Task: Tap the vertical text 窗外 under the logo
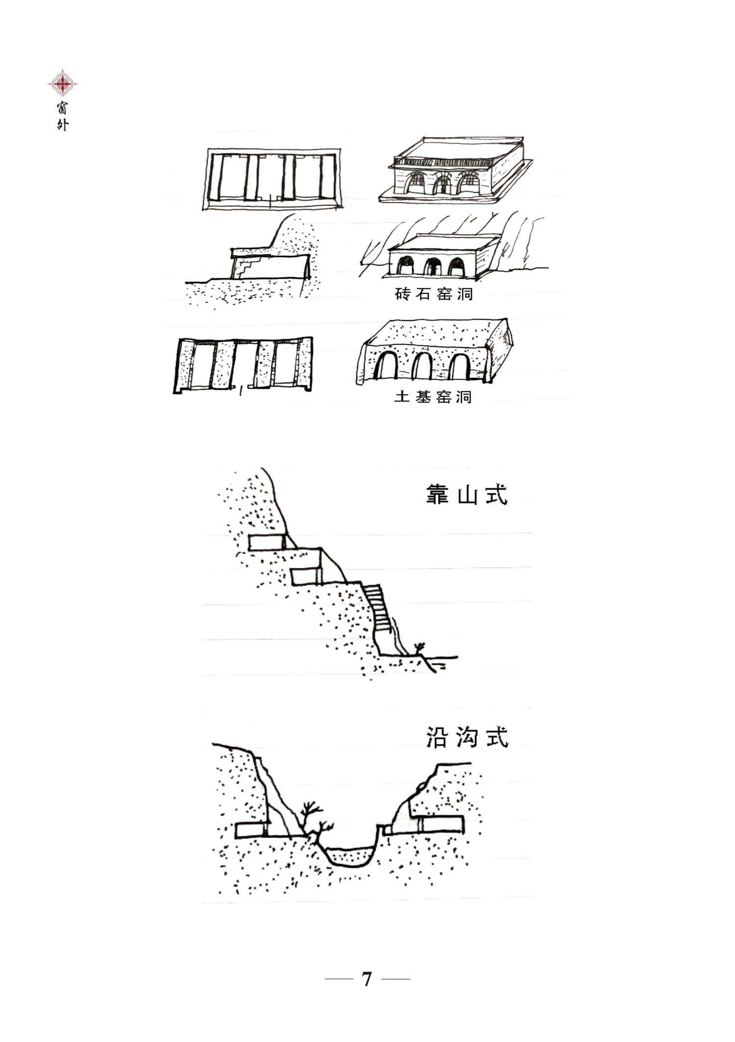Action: (62, 116)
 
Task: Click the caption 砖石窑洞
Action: (434, 294)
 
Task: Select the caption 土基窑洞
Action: (433, 396)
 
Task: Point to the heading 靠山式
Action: (466, 495)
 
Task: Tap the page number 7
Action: (367, 979)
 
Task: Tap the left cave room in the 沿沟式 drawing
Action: (250, 830)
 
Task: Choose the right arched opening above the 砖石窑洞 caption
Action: (457, 266)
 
